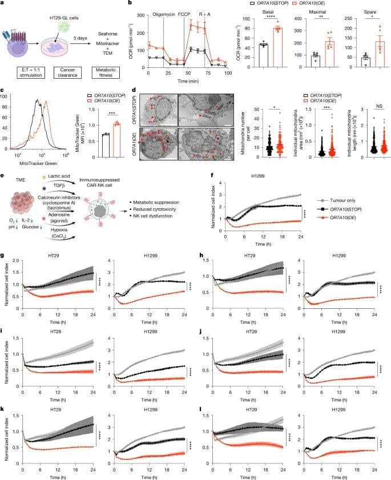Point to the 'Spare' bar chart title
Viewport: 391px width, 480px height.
[x=358, y=11]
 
